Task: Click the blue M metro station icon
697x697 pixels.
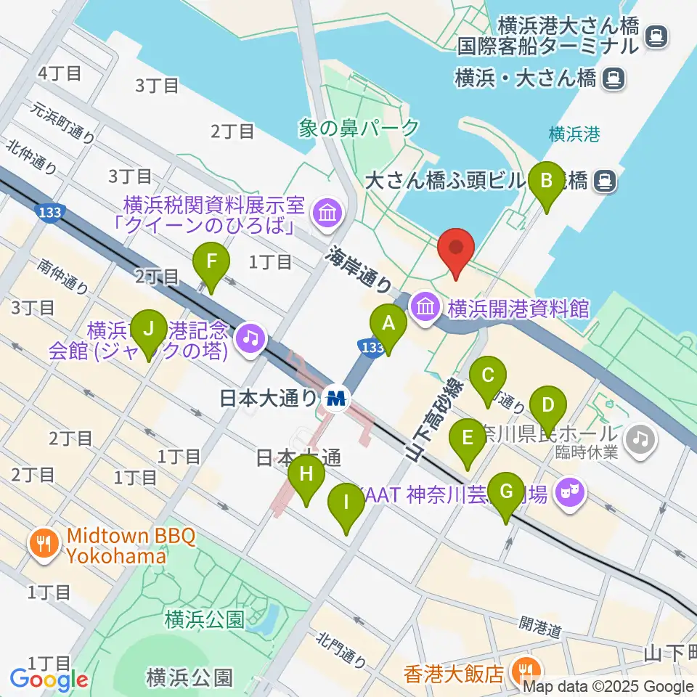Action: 337,398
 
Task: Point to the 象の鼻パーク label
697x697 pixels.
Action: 359,129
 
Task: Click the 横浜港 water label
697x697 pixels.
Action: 574,134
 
